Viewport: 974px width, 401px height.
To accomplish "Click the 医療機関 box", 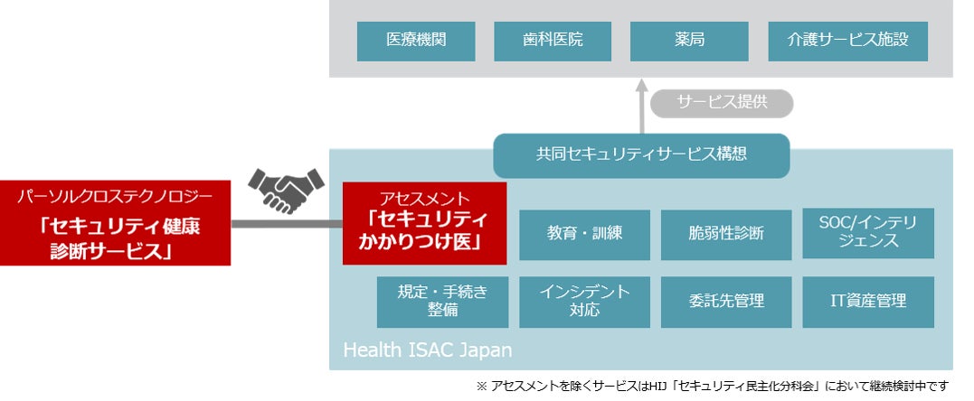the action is click(x=416, y=42).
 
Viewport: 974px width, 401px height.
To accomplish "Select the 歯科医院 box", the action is click(x=553, y=42).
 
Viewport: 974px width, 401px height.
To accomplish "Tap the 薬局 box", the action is click(x=689, y=42).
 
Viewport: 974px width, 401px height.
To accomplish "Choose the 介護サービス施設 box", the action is click(x=848, y=42).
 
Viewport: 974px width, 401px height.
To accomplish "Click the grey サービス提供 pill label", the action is click(x=722, y=103).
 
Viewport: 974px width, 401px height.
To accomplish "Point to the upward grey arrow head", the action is click(x=642, y=87).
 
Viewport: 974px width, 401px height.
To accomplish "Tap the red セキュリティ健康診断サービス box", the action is click(x=115, y=223).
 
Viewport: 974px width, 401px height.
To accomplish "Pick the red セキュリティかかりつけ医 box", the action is click(x=424, y=223).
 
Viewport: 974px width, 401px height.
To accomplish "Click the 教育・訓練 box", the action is click(x=584, y=235).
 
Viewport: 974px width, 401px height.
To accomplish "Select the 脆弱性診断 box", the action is click(x=726, y=235).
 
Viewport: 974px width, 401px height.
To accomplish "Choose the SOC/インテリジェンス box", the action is click(x=868, y=233).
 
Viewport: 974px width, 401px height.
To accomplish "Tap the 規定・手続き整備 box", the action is click(x=442, y=303).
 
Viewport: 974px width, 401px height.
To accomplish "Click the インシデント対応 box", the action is click(x=584, y=303).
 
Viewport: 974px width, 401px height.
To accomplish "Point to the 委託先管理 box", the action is click(x=726, y=303).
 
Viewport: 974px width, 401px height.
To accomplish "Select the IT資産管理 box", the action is click(x=868, y=303).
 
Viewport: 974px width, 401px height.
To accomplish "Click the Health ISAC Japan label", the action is click(x=428, y=350).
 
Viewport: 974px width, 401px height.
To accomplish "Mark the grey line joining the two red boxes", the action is click(x=287, y=223).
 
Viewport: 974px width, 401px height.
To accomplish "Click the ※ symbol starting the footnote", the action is click(x=482, y=387).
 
